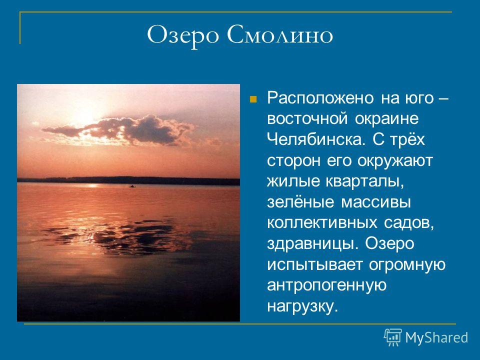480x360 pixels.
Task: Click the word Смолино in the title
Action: pyautogui.click(x=279, y=34)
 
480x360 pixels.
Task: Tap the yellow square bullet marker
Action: pyautogui.click(x=253, y=99)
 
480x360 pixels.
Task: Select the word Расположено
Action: pyautogui.click(x=320, y=98)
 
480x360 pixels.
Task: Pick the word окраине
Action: pyautogui.click(x=386, y=119)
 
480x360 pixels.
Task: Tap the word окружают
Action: pyautogui.click(x=395, y=160)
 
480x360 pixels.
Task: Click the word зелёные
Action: pyautogui.click(x=300, y=202)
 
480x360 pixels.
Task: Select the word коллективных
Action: pyautogui.click(x=322, y=223)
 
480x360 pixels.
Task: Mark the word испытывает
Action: pyautogui.click(x=315, y=265)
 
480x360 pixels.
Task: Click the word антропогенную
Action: pyautogui.click(x=327, y=285)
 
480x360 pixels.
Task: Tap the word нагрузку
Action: pyautogui.click(x=302, y=306)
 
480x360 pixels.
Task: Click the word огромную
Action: pyautogui.click(x=407, y=265)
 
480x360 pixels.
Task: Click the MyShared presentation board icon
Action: pyautogui.click(x=393, y=337)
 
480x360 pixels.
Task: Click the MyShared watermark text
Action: pyautogui.click(x=436, y=338)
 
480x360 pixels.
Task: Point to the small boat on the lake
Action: pyautogui.click(x=132, y=186)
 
